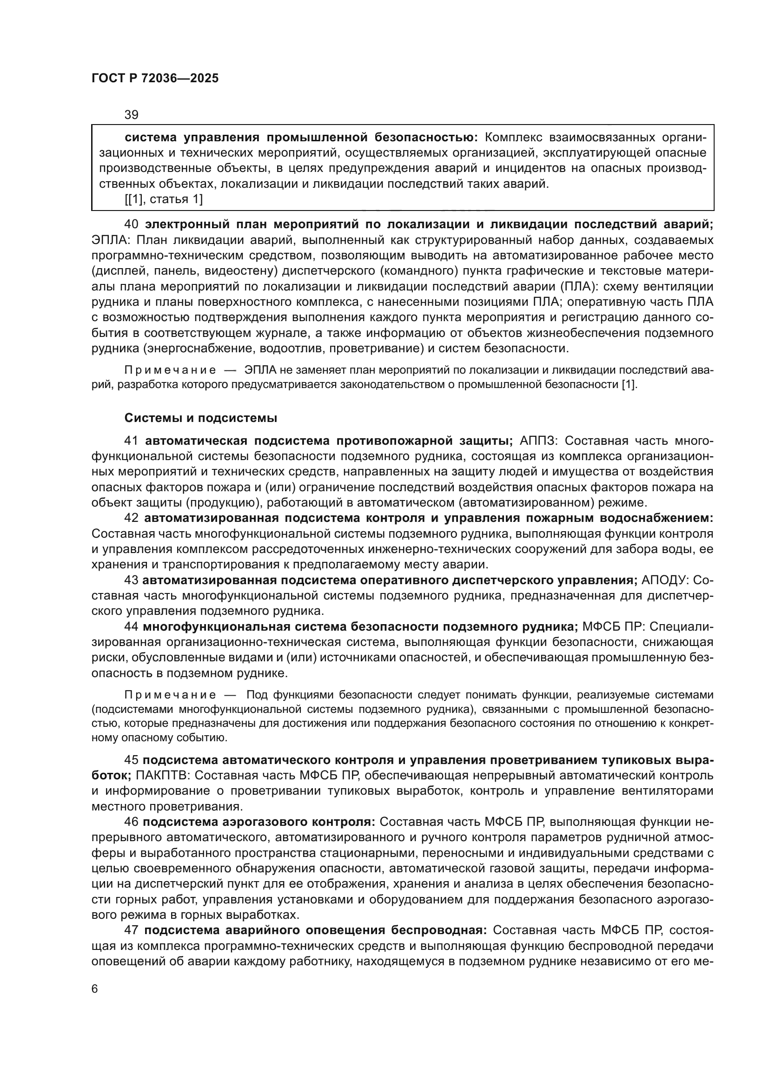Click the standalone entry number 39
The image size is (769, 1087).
(131, 115)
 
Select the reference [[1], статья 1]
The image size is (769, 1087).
(163, 199)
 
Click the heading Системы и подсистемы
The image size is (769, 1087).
(201, 418)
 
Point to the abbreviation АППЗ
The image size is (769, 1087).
(539, 441)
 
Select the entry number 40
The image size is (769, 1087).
(131, 224)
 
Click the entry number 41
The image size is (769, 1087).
(131, 441)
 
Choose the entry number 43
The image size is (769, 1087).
(131, 580)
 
